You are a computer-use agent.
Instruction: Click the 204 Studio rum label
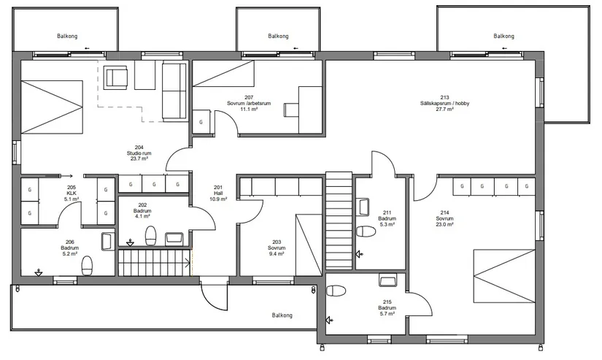point(139,153)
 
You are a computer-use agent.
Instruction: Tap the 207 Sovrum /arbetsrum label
point(249,104)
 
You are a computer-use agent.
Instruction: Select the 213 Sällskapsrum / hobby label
point(444,104)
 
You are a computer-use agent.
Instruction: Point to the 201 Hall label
point(218,194)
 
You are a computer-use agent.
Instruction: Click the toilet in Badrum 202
point(150,236)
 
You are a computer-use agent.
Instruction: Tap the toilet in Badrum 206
point(87,266)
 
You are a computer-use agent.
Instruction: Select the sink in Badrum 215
point(387,280)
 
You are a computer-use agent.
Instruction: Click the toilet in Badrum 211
point(366,231)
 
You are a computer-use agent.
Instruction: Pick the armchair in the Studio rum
point(115,77)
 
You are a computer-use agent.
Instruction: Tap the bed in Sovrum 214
point(504,276)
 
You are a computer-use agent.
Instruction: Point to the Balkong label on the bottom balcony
point(282,315)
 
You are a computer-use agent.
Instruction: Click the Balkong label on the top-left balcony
point(67,36)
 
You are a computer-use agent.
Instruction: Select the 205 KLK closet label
point(72,194)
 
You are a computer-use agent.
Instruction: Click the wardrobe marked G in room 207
point(201,122)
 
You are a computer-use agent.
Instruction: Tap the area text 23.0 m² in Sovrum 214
point(444,224)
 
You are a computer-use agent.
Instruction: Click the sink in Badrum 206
point(107,241)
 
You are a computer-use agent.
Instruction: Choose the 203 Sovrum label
point(277,248)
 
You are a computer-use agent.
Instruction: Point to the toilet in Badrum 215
point(336,291)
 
